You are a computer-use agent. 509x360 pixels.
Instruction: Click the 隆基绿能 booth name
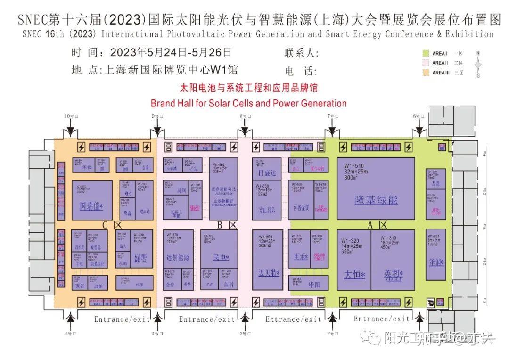[x=376, y=200]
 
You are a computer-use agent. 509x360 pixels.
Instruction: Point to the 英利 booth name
[x=393, y=274]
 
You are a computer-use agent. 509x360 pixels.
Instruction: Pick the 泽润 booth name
[x=436, y=262]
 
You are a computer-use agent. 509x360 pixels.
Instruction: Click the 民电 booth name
[x=221, y=258]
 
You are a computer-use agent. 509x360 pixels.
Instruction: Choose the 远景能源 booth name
[x=178, y=258]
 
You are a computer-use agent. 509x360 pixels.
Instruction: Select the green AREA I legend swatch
[x=425, y=53]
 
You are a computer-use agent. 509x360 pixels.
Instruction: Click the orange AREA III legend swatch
[x=425, y=73]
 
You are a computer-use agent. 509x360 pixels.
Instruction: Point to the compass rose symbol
[x=478, y=64]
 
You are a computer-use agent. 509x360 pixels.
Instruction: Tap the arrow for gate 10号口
[x=70, y=129]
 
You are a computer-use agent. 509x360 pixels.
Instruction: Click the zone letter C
[x=106, y=225]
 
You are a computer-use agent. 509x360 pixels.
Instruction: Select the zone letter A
[x=370, y=226]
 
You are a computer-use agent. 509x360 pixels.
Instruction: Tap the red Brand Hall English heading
[x=248, y=103]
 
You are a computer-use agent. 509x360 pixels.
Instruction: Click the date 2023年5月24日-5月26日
[x=171, y=52]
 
